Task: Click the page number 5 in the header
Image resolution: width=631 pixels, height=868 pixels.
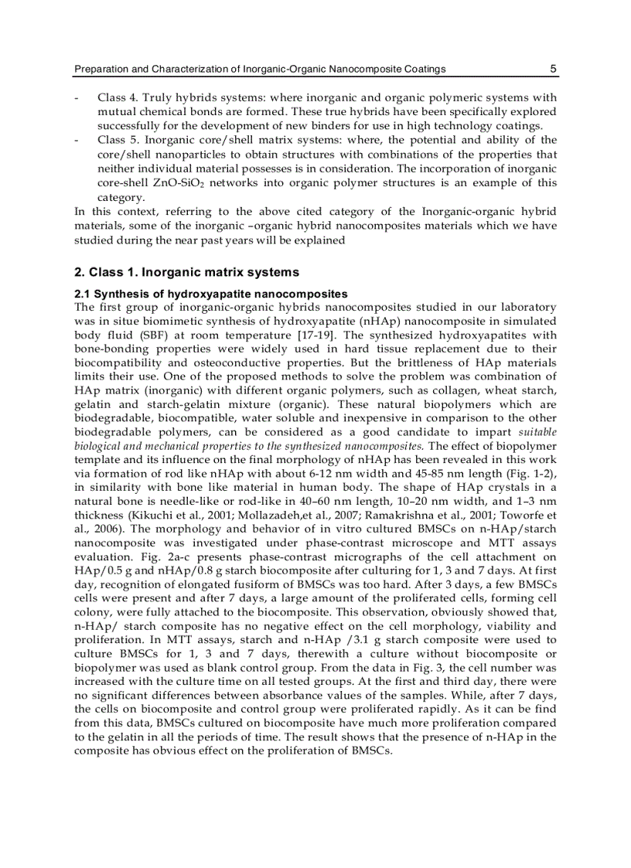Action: (553, 69)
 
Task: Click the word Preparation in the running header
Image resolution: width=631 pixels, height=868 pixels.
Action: (101, 69)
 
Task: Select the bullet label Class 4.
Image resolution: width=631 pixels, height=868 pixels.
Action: (116, 98)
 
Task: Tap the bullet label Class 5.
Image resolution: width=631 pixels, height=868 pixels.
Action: (116, 140)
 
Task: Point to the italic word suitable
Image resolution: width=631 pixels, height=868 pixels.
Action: (537, 432)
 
